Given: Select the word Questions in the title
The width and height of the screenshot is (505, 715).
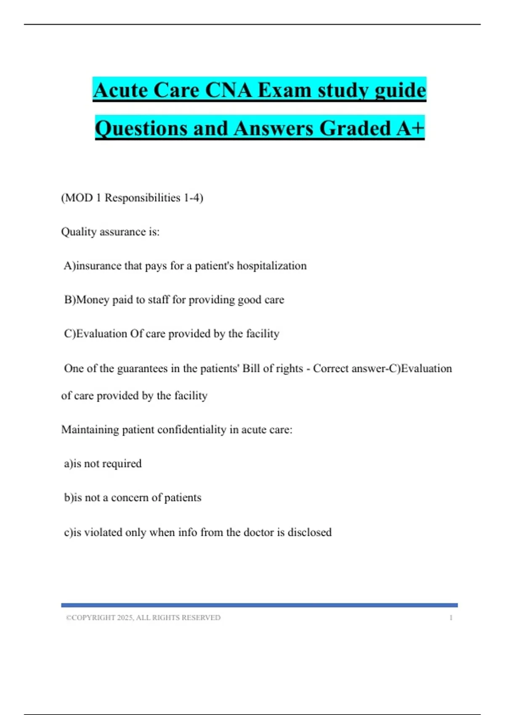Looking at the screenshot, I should (141, 128).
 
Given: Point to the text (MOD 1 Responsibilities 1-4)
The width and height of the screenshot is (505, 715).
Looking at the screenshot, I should (132, 198).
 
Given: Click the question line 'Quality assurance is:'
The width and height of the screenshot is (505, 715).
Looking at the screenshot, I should (110, 232).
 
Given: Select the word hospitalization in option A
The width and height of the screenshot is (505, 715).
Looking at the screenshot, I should (271, 266).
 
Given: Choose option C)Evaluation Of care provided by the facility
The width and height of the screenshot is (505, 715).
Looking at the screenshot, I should (172, 334).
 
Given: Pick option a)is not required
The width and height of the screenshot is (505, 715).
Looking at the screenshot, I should (103, 463).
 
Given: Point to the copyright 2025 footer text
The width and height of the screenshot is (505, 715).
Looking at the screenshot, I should (143, 617).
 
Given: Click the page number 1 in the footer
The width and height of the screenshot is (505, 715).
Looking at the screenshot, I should (451, 617).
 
